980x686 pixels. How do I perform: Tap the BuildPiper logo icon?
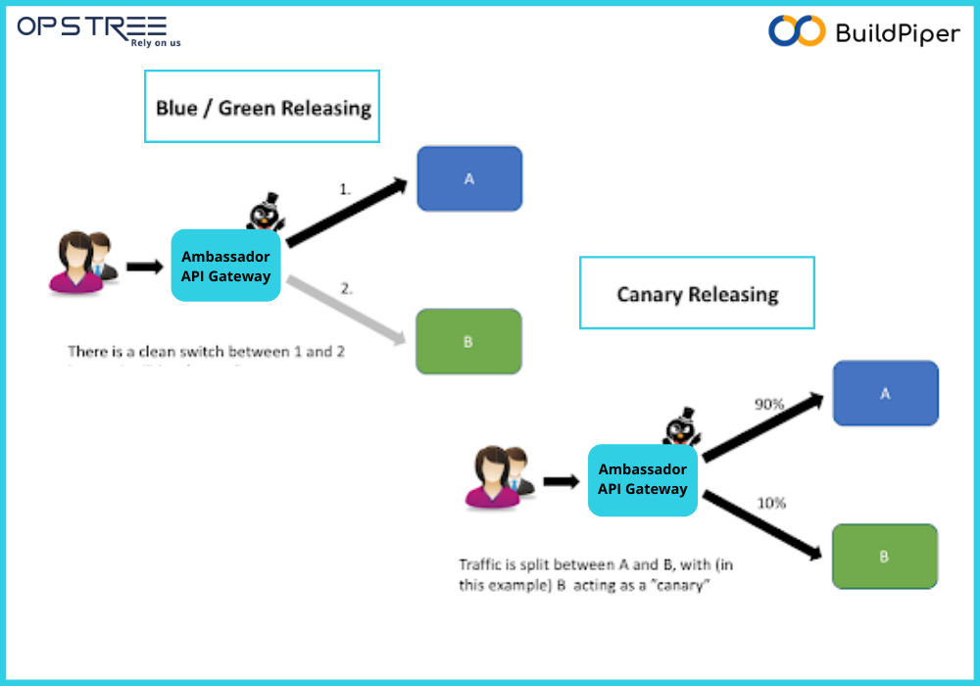[x=797, y=31]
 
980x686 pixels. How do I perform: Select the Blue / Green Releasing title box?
[x=262, y=107]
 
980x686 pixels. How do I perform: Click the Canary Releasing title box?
[x=697, y=293]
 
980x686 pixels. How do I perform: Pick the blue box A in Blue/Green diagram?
[x=469, y=179]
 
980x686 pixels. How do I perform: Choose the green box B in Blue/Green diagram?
[x=468, y=342]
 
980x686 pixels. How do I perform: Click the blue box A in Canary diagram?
[x=885, y=393]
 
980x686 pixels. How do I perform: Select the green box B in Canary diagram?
[x=884, y=557]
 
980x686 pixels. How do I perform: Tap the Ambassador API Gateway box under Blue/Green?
[x=225, y=266]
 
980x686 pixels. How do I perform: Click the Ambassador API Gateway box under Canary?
[x=643, y=480]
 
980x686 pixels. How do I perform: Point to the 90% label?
[x=769, y=404]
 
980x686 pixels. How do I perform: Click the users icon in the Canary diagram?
[x=499, y=477]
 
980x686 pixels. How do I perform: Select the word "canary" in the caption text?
[x=684, y=586]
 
